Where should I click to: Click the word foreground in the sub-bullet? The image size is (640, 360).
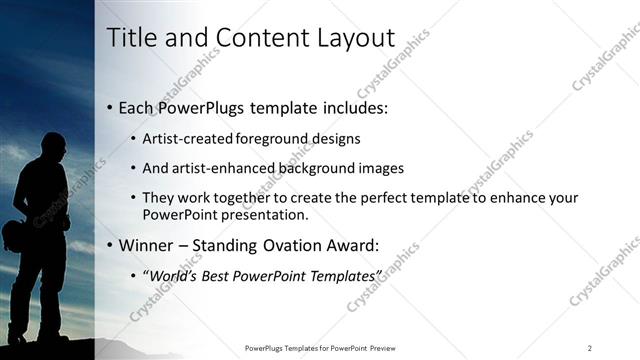coord(274,139)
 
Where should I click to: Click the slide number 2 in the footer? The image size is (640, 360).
coord(590,347)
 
